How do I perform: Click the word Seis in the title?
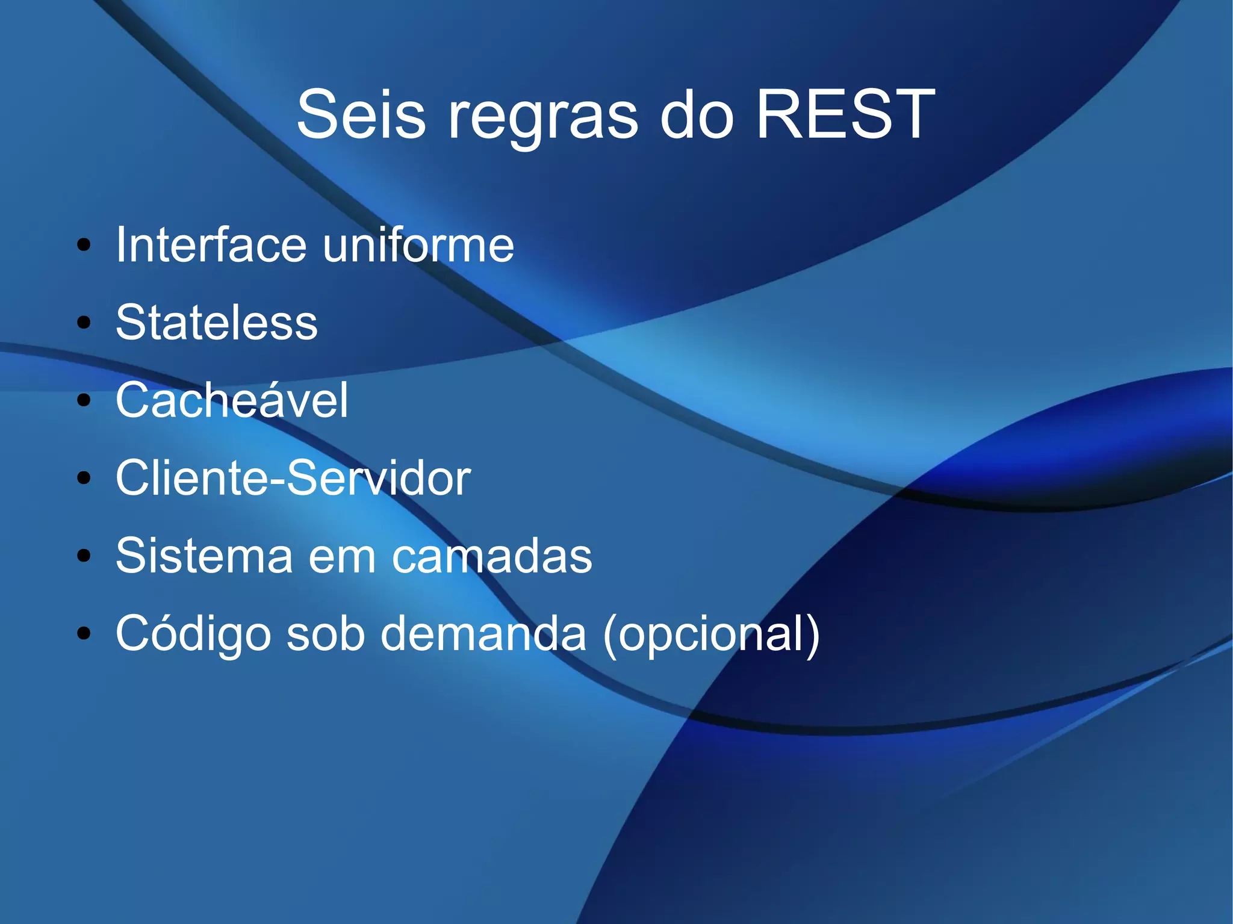361,114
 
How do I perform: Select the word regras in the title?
542,117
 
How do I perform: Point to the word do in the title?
697,114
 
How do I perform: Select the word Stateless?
216,323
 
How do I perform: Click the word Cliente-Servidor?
293,477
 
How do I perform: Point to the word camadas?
492,556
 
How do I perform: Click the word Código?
193,633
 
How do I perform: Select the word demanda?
483,633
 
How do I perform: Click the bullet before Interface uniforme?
84,245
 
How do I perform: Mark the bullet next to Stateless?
84,323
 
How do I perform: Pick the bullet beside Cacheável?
84,400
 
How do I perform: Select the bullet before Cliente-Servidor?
84,478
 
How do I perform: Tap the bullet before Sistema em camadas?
84,556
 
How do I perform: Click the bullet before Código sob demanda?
84,633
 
